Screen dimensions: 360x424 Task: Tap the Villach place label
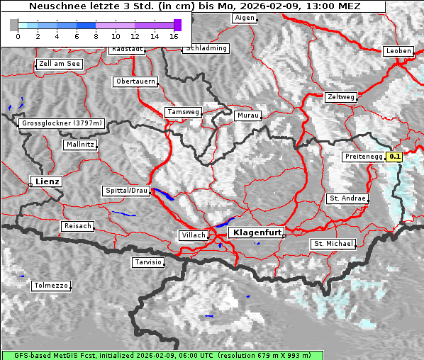tap(193, 235)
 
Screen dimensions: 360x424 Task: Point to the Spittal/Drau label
tap(126, 191)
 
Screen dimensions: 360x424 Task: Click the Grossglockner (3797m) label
tap(62, 123)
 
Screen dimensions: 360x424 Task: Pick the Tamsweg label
tap(183, 112)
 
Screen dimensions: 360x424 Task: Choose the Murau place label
tap(248, 115)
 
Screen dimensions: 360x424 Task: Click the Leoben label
tap(398, 51)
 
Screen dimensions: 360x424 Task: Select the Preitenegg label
tap(363, 157)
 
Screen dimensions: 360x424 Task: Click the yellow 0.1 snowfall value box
tap(395, 157)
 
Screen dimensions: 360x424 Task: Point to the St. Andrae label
tap(347, 198)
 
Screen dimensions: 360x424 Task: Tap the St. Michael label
tap(333, 244)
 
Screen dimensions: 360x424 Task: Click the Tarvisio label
tap(148, 262)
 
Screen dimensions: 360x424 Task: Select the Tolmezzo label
tap(51, 286)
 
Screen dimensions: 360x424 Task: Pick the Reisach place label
tap(77, 226)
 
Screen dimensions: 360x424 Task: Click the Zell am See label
tap(59, 64)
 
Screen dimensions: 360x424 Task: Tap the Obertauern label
tap(135, 81)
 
